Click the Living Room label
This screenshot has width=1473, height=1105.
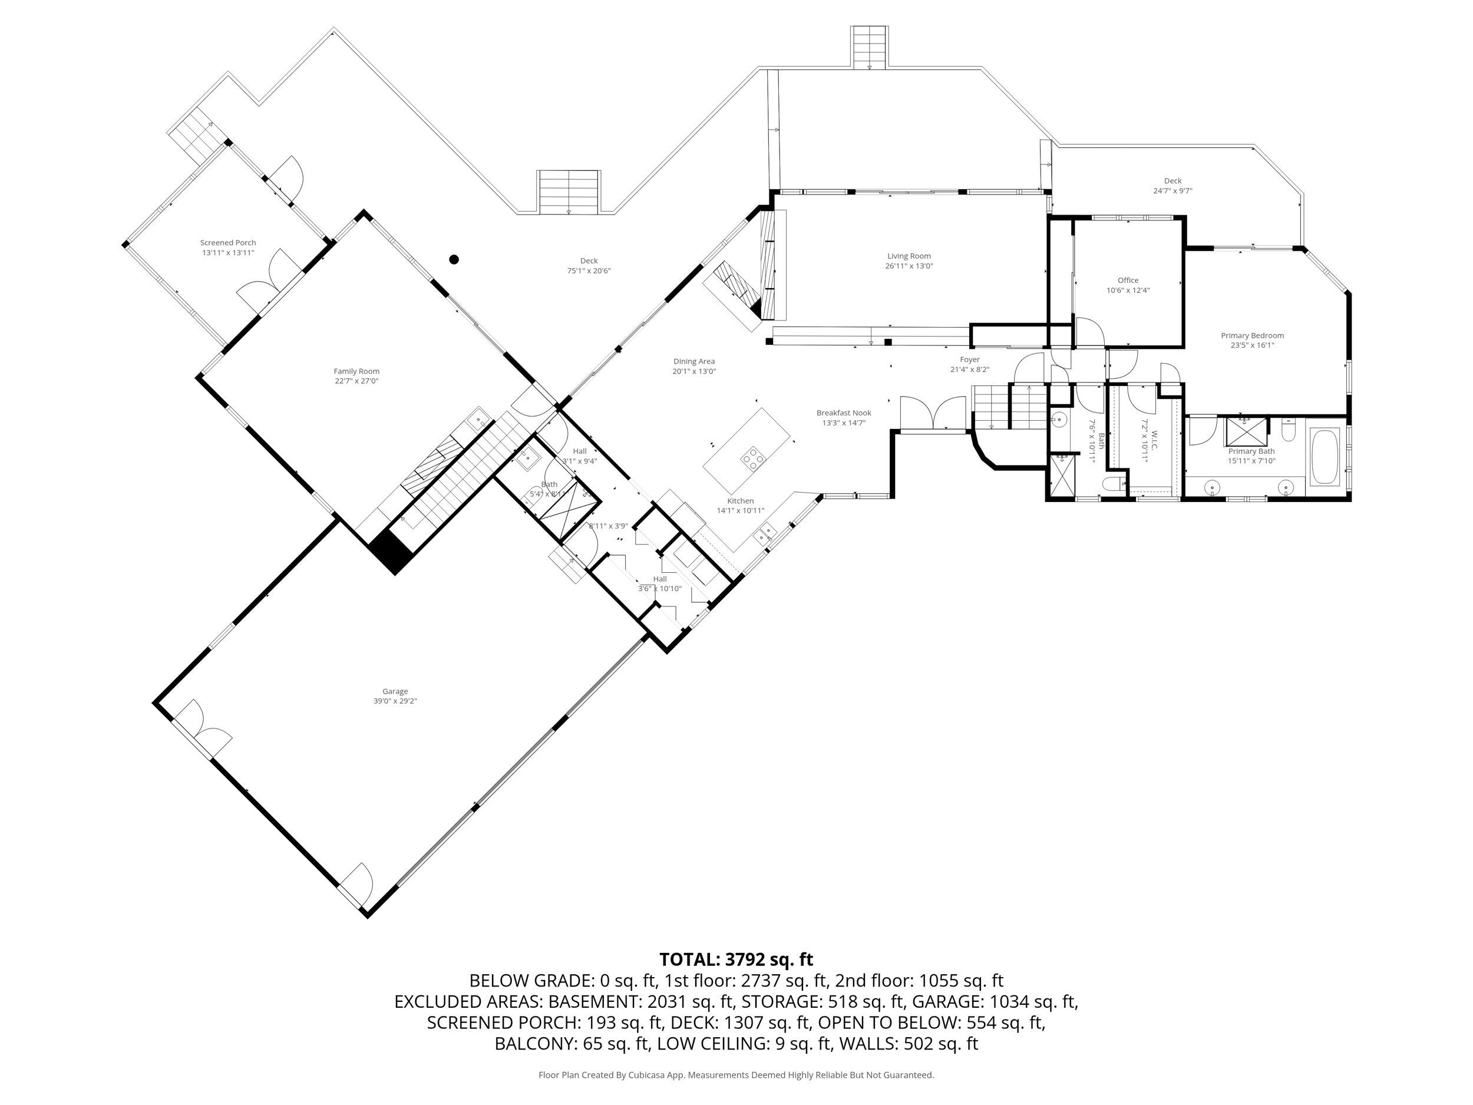[909, 256]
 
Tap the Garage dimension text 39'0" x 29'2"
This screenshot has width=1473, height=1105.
[395, 701]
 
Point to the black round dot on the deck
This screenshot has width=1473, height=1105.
[454, 259]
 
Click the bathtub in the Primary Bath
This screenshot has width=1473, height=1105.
[1325, 457]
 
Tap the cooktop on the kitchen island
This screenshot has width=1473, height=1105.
[754, 459]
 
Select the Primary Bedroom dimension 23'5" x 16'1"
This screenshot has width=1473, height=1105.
[1252, 345]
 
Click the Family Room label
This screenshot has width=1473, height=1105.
[356, 372]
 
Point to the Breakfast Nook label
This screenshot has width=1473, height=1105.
[844, 413]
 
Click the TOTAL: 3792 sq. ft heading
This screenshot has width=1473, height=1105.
[736, 960]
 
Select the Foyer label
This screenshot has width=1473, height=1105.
[970, 359]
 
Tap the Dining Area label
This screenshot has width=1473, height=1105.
[694, 362]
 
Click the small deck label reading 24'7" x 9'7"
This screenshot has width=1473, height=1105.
[1173, 191]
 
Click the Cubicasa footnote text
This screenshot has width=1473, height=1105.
[736, 1075]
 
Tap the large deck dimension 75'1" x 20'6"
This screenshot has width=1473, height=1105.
[589, 271]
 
